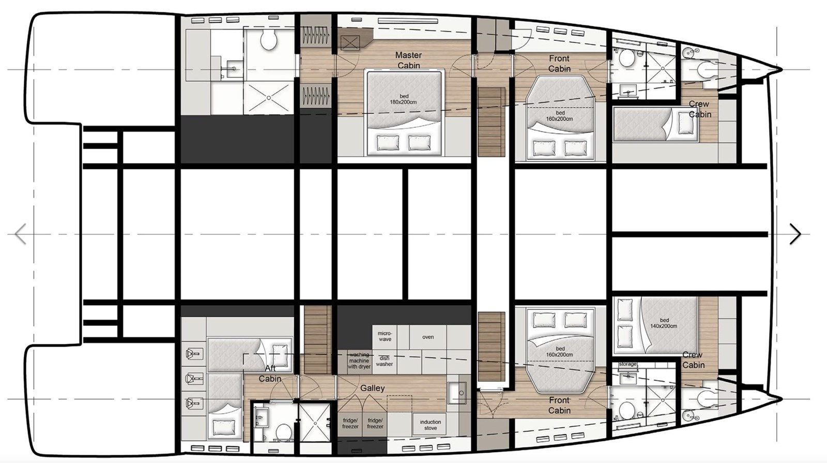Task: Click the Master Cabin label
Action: tap(408, 60)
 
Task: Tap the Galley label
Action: tap(372, 388)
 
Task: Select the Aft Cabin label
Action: tap(270, 373)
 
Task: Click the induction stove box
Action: tap(430, 425)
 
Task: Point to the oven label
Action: tap(428, 337)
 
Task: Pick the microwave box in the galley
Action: tap(385, 336)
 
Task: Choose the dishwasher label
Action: tap(384, 361)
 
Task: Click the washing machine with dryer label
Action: tap(359, 361)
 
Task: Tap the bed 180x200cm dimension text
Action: tap(404, 99)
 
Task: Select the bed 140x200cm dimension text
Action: tap(664, 323)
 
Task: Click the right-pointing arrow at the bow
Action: tap(795, 234)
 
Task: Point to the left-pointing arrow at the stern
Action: tap(21, 234)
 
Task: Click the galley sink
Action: tap(457, 391)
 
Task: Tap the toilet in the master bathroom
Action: tap(268, 39)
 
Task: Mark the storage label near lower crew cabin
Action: tap(627, 365)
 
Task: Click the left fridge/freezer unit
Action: tap(350, 424)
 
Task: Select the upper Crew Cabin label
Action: tap(699, 109)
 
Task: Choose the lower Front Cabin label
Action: tap(559, 405)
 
